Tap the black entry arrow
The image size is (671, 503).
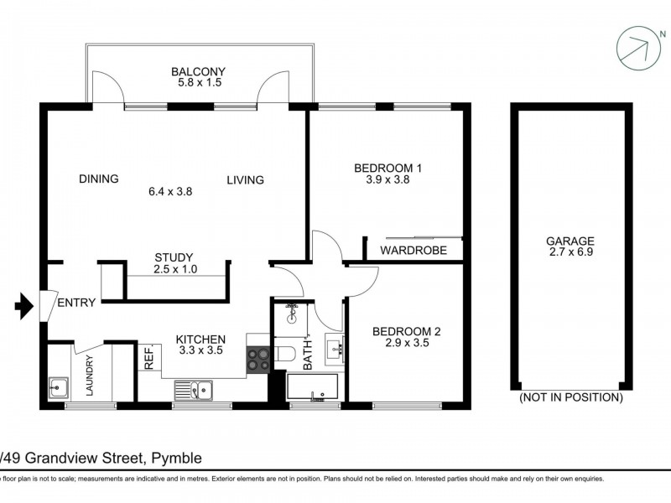pos(25,308)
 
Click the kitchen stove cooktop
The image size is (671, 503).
pos(258,359)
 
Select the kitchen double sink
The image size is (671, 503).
pos(194,388)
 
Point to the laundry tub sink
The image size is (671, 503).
pos(58,387)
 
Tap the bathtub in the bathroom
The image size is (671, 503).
pos(312,387)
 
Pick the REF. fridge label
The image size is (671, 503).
pos(149,359)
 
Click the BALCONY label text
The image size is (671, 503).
pos(198,72)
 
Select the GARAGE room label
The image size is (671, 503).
pos(573,240)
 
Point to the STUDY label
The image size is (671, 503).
pos(174,257)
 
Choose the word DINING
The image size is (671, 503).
pos(99,179)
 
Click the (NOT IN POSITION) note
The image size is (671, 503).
pos(572,397)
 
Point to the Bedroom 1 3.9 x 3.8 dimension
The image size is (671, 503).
pos(388,179)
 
